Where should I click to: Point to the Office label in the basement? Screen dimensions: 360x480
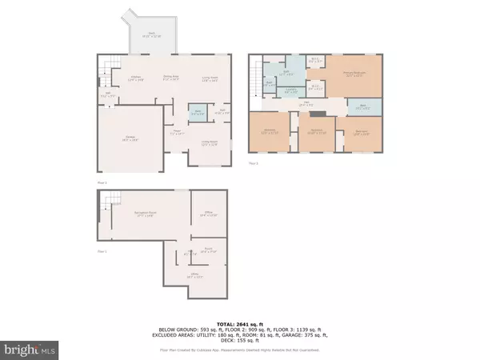(208, 214)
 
